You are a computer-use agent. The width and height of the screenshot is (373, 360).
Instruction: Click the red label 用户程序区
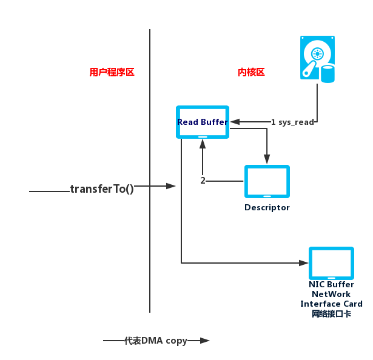[x=112, y=72]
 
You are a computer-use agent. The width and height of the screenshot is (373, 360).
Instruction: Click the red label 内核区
[x=251, y=72]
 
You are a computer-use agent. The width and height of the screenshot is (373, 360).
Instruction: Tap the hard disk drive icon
[x=317, y=58]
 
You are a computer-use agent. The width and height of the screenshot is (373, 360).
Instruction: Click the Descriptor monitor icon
[x=267, y=181]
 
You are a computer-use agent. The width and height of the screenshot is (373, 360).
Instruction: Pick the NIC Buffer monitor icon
[x=331, y=263]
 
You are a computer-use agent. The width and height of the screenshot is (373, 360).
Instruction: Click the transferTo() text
[x=102, y=188]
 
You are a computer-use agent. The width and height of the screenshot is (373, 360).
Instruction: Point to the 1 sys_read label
[x=292, y=122]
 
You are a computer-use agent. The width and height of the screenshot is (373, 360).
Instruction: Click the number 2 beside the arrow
[x=203, y=181]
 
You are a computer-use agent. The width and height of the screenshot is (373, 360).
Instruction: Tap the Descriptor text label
[x=267, y=207]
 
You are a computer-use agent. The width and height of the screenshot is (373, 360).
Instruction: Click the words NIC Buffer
[x=331, y=285]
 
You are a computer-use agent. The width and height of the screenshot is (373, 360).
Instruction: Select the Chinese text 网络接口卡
[x=331, y=314]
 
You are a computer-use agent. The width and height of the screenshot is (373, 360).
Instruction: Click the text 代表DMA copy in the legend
[x=156, y=341]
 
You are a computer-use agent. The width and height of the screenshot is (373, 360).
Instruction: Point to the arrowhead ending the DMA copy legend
[x=205, y=341]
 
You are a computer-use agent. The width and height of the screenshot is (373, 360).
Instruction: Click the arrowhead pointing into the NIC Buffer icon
[x=304, y=263]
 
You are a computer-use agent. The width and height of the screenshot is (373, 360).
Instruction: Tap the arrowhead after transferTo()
[x=171, y=185]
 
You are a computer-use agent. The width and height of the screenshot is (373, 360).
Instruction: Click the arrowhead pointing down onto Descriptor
[x=267, y=160]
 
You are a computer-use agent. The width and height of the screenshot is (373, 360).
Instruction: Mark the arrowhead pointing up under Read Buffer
[x=203, y=145]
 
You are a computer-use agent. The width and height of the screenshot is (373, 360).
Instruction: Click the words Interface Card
[x=331, y=304]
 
